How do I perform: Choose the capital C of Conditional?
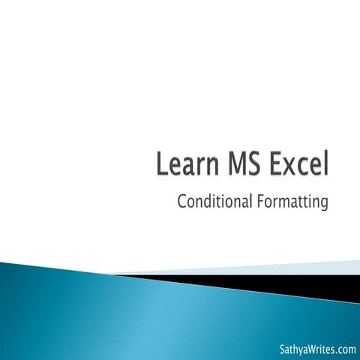[182, 202]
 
